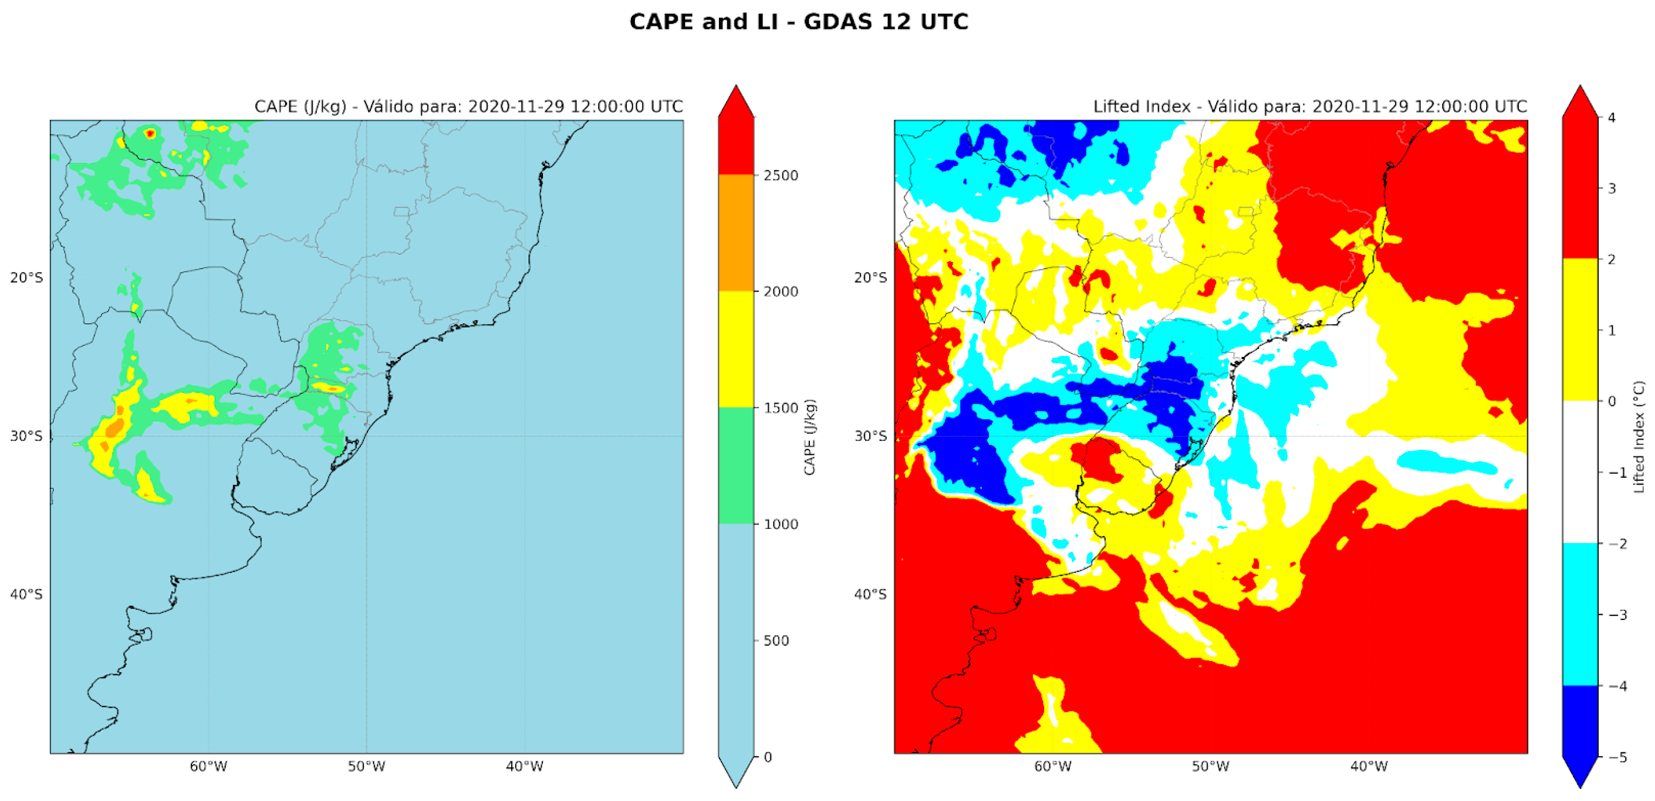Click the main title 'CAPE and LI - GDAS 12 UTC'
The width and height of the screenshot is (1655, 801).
coord(798,22)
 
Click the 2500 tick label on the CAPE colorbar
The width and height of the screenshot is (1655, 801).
coord(781,175)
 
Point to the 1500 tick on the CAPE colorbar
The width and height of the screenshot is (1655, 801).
coord(781,408)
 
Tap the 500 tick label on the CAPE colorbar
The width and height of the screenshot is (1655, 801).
coord(776,641)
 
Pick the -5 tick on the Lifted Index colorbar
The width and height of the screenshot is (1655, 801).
coord(1618,757)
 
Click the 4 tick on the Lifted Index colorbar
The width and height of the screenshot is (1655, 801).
coord(1611,118)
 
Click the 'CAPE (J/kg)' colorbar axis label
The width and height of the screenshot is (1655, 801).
coord(809,437)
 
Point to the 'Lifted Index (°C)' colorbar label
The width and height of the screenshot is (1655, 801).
coord(1639,437)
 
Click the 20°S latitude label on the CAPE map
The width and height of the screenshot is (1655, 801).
coord(26,278)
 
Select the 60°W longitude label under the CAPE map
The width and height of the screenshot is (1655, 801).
coord(208,766)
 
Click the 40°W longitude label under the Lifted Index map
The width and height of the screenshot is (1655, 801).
coord(1368,766)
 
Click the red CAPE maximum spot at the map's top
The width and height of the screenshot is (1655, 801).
coord(150,134)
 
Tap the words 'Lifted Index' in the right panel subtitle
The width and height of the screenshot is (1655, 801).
coord(1141,107)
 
